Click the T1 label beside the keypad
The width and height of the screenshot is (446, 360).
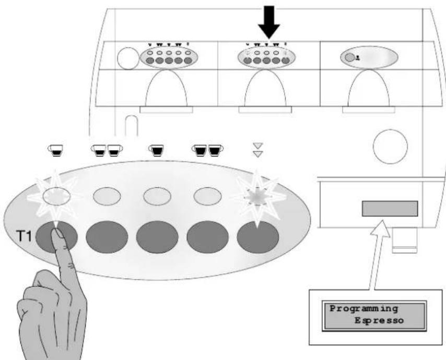(x=24, y=236)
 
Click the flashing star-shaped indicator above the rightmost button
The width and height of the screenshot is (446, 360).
(x=257, y=197)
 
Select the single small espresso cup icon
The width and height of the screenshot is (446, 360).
(x=55, y=150)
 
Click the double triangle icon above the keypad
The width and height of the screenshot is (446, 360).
(x=257, y=150)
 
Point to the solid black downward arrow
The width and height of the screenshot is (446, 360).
(x=269, y=22)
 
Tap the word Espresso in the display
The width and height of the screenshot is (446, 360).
(x=379, y=321)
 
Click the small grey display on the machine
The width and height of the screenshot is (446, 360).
(x=390, y=209)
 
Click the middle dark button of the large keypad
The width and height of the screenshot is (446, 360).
(x=157, y=237)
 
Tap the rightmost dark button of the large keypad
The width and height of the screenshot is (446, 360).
(x=257, y=237)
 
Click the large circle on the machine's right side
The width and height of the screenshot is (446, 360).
(x=390, y=147)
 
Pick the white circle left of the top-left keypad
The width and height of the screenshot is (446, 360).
(x=128, y=58)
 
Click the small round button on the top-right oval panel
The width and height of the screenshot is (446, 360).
(x=349, y=58)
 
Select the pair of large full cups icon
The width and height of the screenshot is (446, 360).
(x=207, y=150)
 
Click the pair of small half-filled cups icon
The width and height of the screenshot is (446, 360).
(x=107, y=150)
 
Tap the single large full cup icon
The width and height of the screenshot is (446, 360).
(x=156, y=150)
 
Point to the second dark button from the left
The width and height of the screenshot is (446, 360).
(x=107, y=237)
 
